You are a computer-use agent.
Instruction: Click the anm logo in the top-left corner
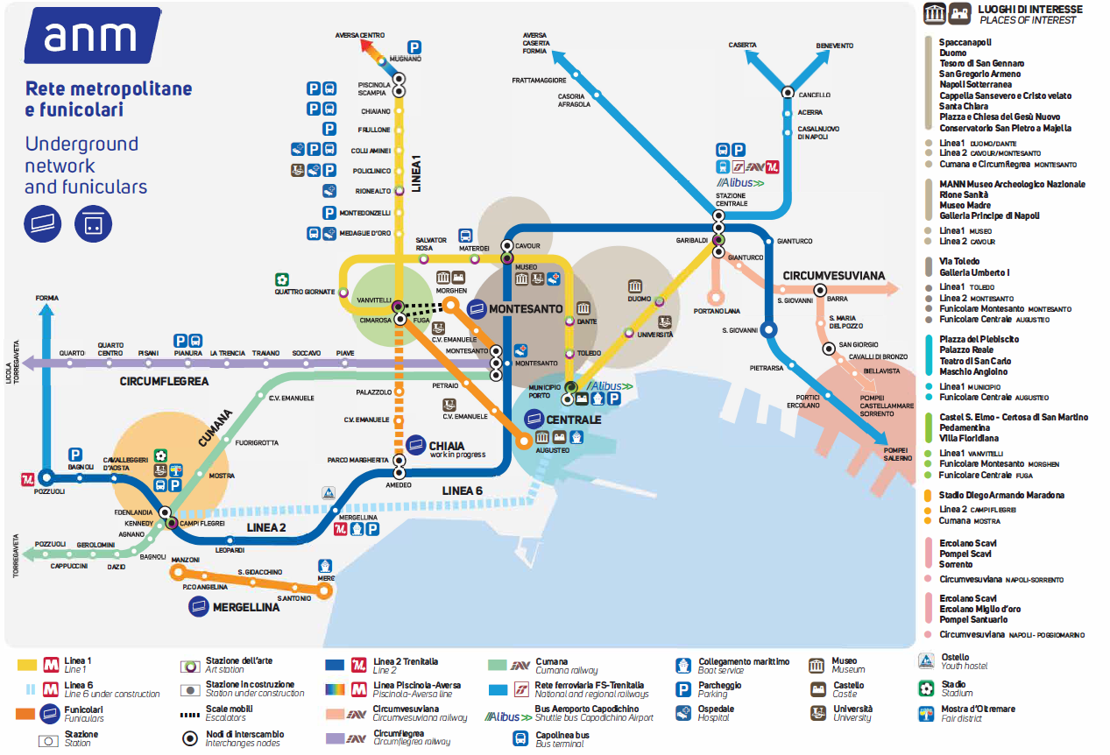[x=91, y=37]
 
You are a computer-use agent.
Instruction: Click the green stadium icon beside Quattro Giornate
[x=282, y=279]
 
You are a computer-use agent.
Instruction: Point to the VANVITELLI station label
[x=374, y=300]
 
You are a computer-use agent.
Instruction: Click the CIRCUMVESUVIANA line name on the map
[x=833, y=275]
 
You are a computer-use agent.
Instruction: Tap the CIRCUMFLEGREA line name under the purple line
[x=164, y=381]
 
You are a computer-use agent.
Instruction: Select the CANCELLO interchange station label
[x=814, y=95]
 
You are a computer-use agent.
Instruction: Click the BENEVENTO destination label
[x=834, y=46]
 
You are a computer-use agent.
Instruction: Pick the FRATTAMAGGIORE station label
[x=539, y=81]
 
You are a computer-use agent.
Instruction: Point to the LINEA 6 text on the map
[x=462, y=490]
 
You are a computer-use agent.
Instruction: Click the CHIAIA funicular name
[x=447, y=446]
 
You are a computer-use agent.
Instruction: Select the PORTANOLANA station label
[x=717, y=311]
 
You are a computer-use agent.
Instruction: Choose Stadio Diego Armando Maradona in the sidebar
[x=1001, y=495]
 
